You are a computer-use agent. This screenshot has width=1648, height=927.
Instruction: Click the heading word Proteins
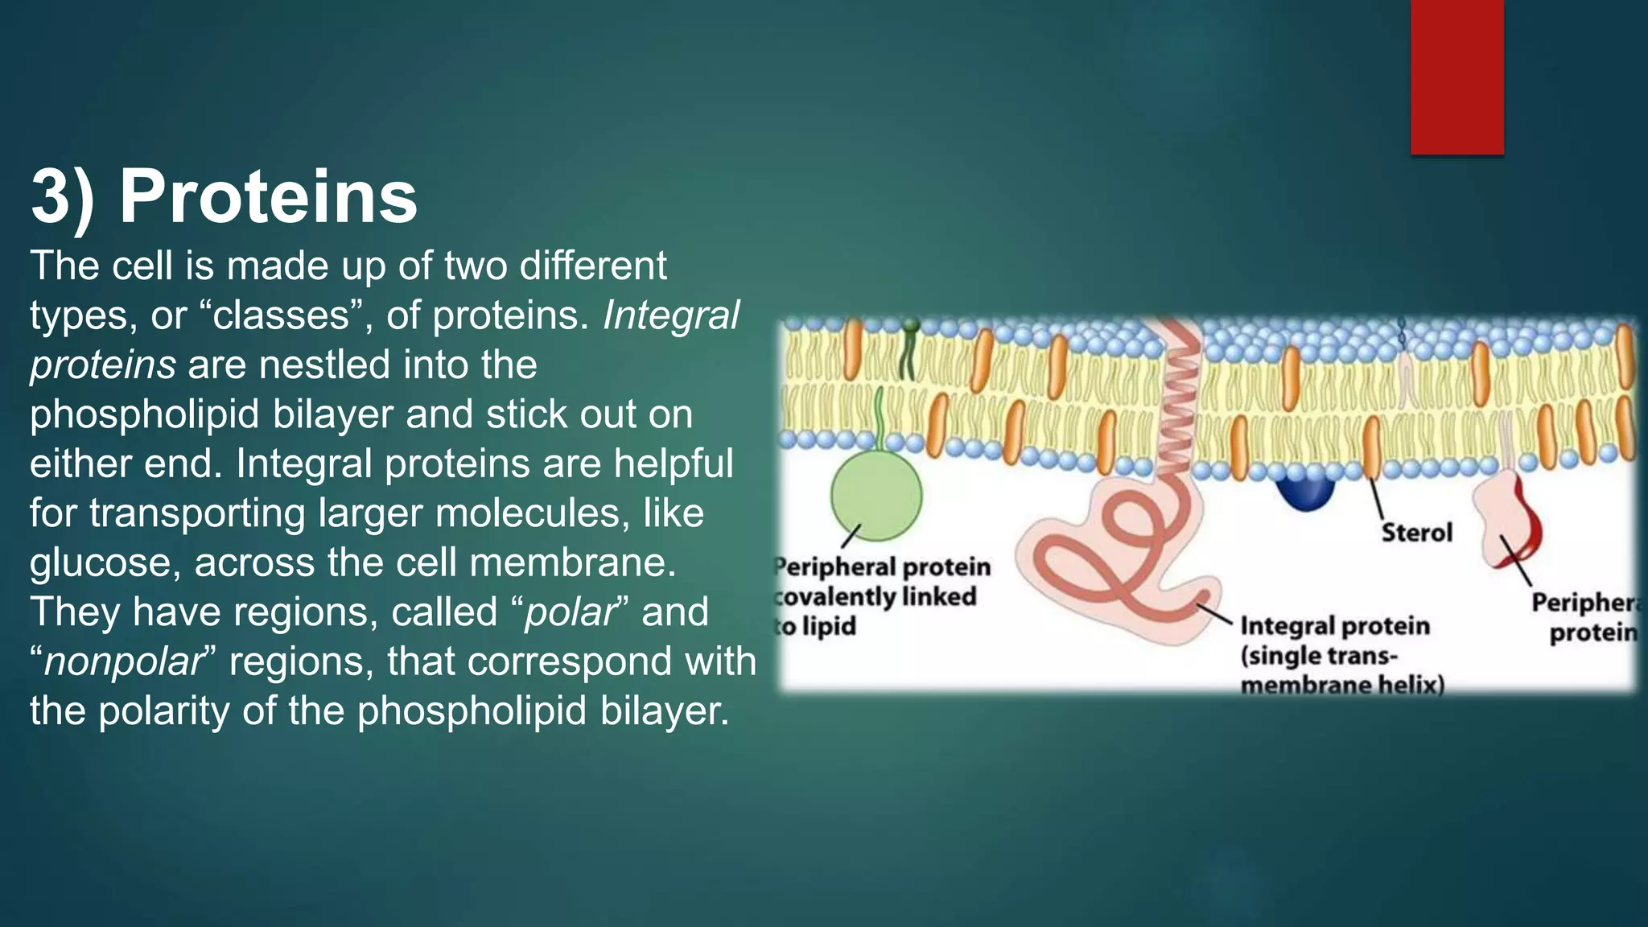(268, 197)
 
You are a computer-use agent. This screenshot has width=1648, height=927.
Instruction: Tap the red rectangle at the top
(1456, 76)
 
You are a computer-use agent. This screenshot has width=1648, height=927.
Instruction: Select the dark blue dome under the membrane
(1304, 493)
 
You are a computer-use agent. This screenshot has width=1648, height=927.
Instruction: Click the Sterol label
(1416, 533)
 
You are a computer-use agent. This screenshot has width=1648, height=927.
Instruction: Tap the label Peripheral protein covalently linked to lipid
(881, 596)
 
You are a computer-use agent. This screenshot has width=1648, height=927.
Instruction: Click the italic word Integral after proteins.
(670, 315)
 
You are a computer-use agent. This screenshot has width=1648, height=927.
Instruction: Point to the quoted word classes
(282, 315)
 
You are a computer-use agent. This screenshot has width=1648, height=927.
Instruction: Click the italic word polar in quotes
(569, 612)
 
